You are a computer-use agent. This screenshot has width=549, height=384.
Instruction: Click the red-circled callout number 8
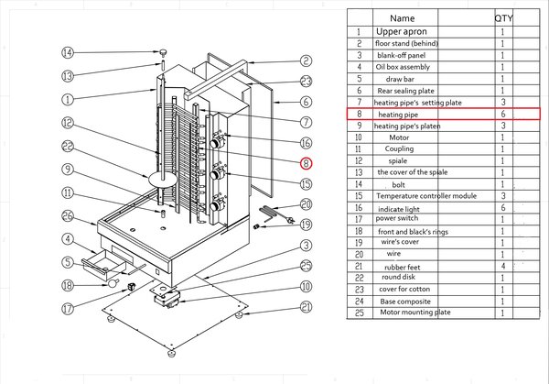pos(307,164)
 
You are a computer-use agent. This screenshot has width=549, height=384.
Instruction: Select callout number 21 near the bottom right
pos(307,306)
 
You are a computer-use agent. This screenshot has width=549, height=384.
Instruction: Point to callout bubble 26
pos(67,216)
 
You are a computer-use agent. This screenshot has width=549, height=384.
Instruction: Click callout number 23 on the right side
pos(307,82)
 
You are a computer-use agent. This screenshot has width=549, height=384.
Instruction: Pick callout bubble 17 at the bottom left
pos(67,309)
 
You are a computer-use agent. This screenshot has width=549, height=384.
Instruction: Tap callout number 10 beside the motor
pos(307,286)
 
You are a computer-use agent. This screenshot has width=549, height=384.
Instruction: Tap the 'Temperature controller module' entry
pos(426,196)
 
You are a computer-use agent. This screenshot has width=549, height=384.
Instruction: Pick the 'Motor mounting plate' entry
pos(417,313)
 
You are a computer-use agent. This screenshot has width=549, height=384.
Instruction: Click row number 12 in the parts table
pos(359,161)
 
